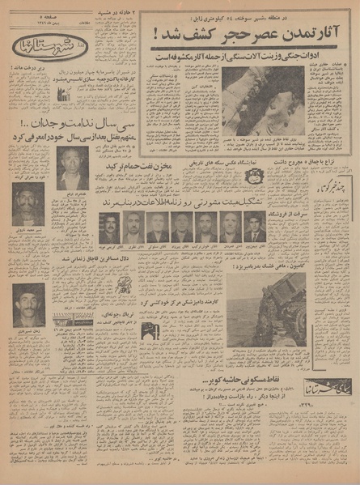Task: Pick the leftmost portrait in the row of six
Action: click(109, 225)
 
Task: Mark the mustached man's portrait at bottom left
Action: click(29, 304)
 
